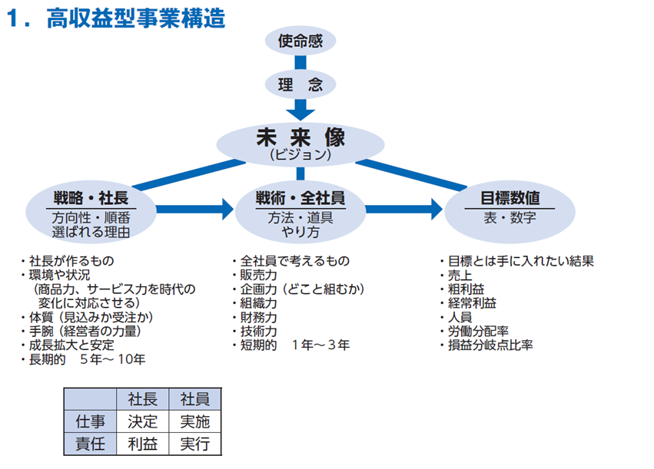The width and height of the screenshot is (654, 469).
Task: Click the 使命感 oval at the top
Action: (x=300, y=41)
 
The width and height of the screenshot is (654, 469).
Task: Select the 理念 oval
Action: (x=300, y=84)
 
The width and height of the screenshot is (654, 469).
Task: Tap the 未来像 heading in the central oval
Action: (x=300, y=137)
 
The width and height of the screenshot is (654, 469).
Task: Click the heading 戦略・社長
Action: (x=91, y=198)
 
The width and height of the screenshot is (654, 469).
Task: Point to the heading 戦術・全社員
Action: (x=300, y=198)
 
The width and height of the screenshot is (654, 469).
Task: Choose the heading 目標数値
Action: (x=510, y=198)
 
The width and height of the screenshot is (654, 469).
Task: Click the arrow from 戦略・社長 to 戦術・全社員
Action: (x=194, y=209)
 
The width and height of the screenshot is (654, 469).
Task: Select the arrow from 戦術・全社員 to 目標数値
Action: (x=404, y=209)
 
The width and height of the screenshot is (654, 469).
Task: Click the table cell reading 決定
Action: (x=143, y=421)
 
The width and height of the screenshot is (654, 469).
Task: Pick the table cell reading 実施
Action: (x=194, y=421)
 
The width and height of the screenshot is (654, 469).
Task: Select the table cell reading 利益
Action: (x=143, y=444)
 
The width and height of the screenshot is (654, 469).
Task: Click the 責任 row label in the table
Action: (x=90, y=444)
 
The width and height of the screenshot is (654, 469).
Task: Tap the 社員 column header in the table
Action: (x=194, y=399)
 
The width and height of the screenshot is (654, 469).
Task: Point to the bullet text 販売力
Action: (x=258, y=275)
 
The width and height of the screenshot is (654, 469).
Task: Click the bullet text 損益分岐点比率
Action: (x=490, y=345)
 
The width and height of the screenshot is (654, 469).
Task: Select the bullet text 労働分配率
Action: (x=479, y=331)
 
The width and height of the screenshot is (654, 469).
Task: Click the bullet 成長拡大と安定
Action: (x=71, y=345)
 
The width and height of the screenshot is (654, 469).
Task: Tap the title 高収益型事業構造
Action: (x=136, y=18)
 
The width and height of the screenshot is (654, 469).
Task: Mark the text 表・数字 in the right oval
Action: (x=510, y=217)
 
